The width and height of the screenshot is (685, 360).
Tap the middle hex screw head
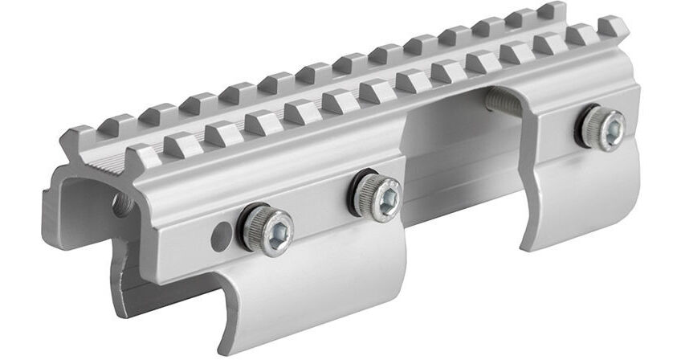point(377,196)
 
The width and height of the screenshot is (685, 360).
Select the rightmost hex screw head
point(604,128)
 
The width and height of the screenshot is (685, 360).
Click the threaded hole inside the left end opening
point(123,203)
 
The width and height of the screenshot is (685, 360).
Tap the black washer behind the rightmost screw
point(585,127)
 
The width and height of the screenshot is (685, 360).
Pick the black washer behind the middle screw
point(358,195)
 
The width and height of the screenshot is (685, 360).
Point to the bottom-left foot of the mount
point(128,297)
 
